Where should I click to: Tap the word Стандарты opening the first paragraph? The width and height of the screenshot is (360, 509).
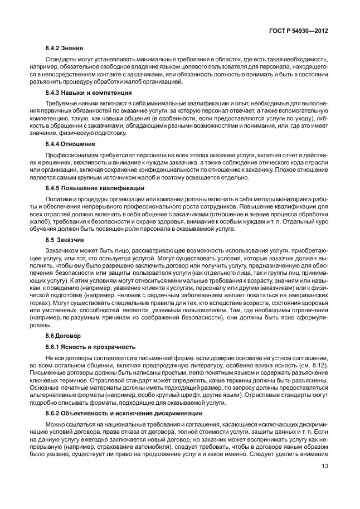click(x=61, y=59)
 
